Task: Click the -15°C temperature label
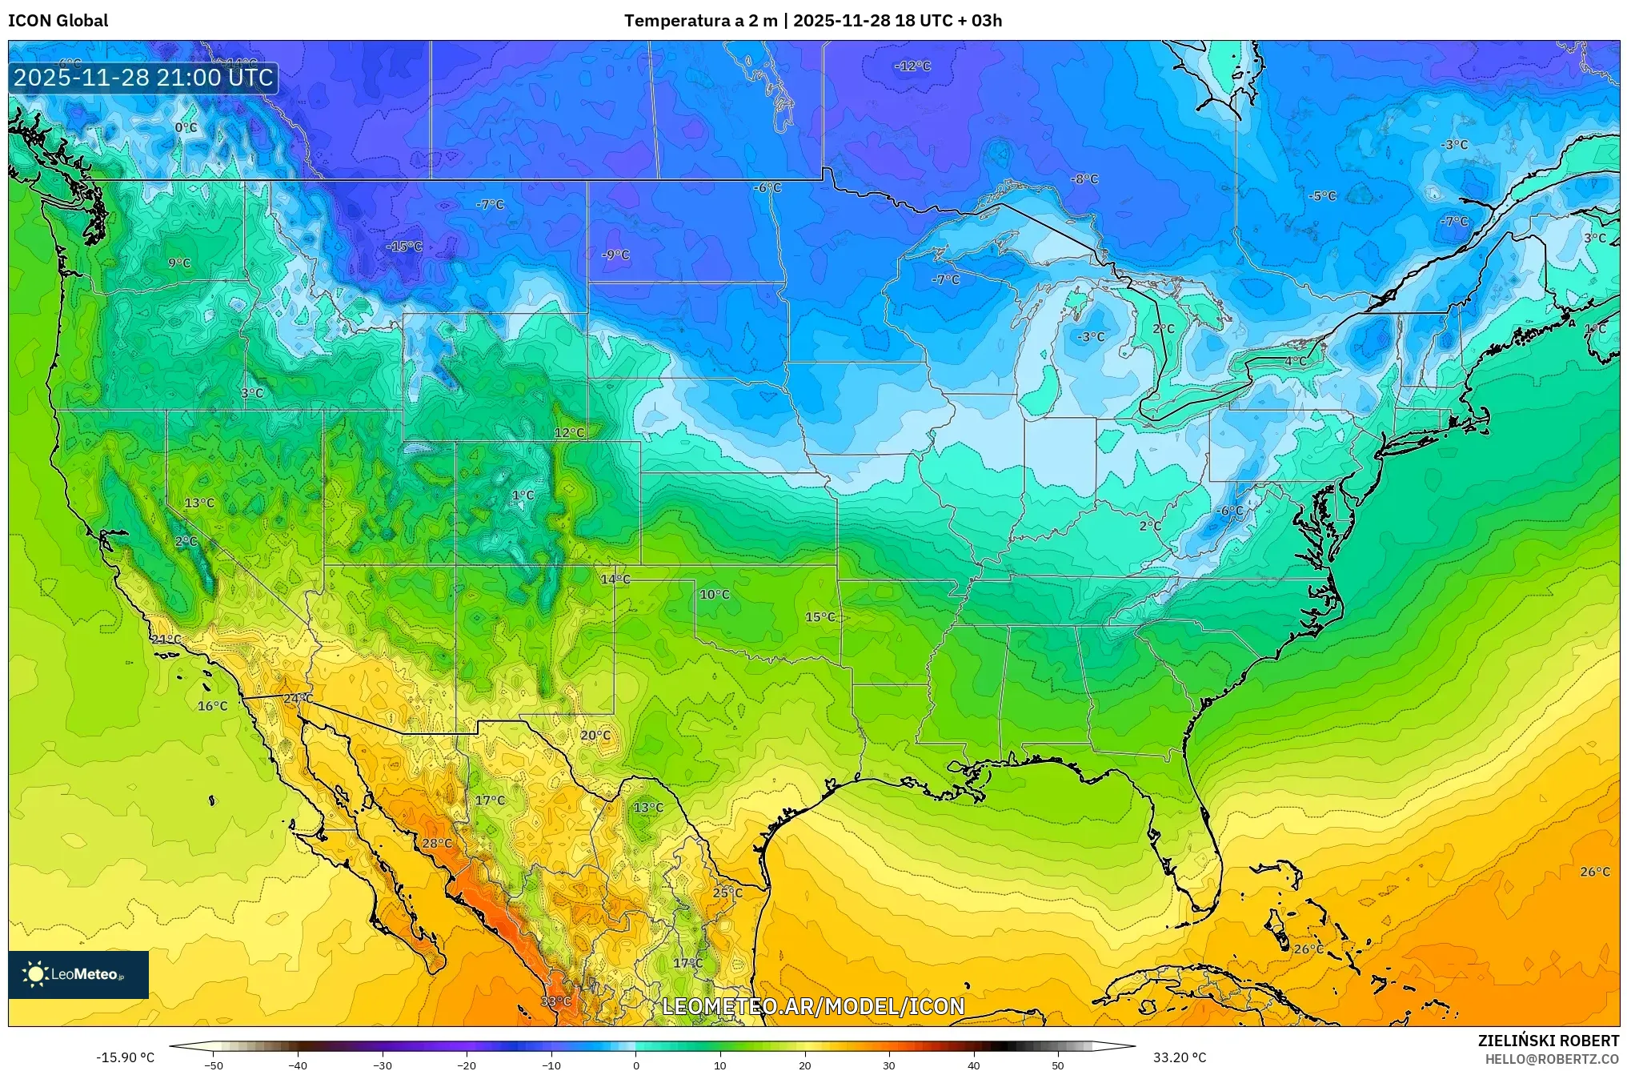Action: pyautogui.click(x=404, y=247)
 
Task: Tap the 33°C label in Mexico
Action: pyautogui.click(x=555, y=1001)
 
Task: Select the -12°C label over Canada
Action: pyautogui.click(x=912, y=66)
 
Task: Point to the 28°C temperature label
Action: pyautogui.click(x=437, y=844)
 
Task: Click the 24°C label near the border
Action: pyautogui.click(x=299, y=699)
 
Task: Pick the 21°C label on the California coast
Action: pyautogui.click(x=166, y=640)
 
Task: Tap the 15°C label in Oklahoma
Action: pyautogui.click(x=820, y=617)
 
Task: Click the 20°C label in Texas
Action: pyautogui.click(x=595, y=736)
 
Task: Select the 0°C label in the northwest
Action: pyautogui.click(x=186, y=128)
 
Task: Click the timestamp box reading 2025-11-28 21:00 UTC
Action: pyautogui.click(x=144, y=78)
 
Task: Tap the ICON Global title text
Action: pyautogui.click(x=58, y=21)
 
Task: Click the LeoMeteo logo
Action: pyautogui.click(x=78, y=974)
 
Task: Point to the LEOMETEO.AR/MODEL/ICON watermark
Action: pyautogui.click(x=813, y=1006)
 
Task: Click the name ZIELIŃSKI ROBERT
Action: pyautogui.click(x=1548, y=1041)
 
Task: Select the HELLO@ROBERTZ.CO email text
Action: pyautogui.click(x=1552, y=1059)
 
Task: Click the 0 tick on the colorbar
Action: pyautogui.click(x=636, y=1065)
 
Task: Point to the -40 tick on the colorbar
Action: pyautogui.click(x=298, y=1065)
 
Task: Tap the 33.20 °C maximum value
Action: pyautogui.click(x=1179, y=1057)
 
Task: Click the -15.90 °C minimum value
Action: pyautogui.click(x=126, y=1057)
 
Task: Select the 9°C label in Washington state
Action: pyautogui.click(x=179, y=263)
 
